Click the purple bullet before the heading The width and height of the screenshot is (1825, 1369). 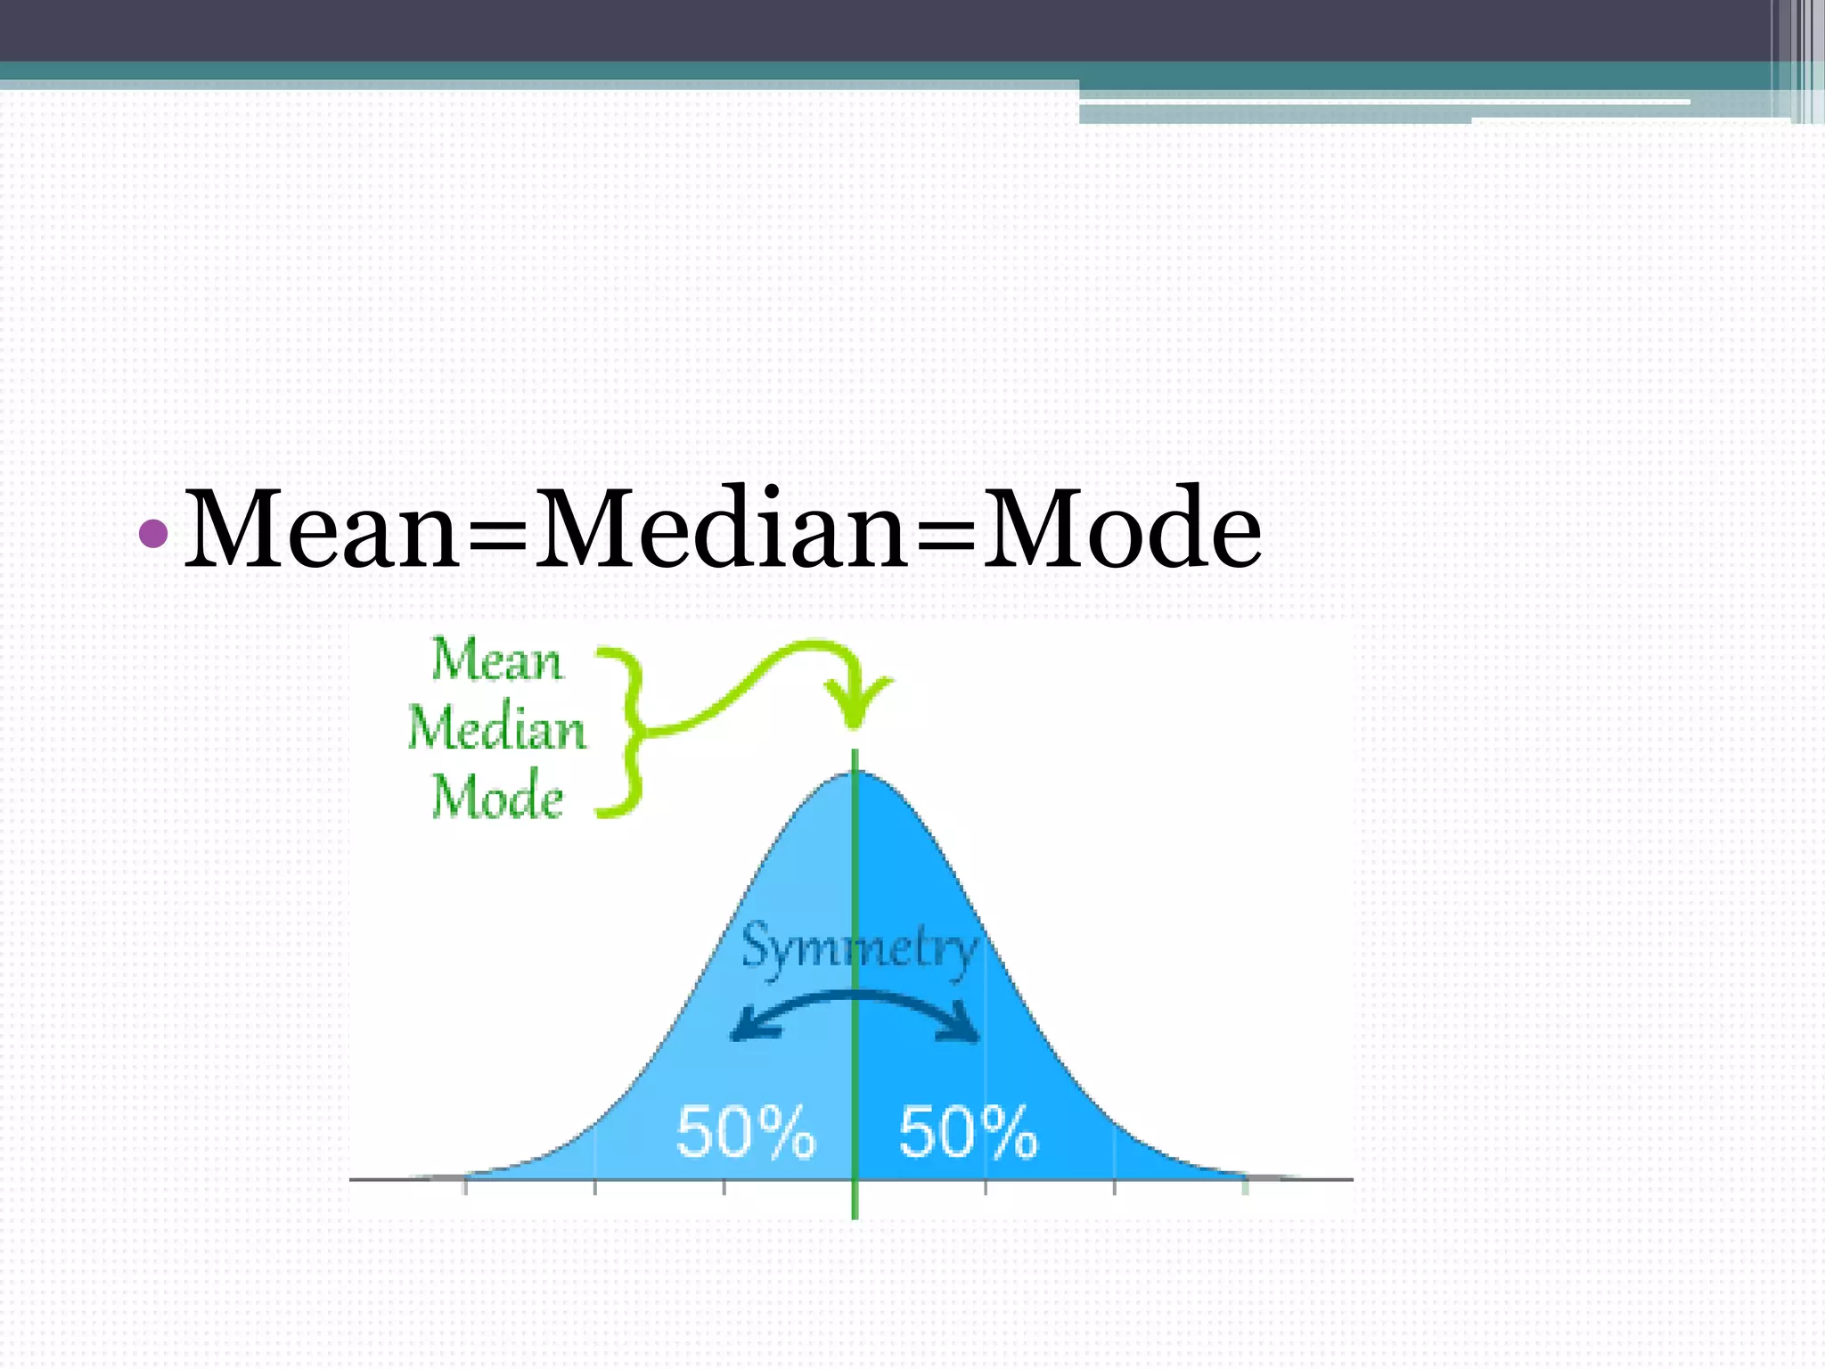(154, 533)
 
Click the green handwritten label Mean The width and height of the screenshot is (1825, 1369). (497, 661)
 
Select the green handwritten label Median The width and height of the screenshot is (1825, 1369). (497, 729)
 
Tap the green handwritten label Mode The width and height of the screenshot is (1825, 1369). (497, 797)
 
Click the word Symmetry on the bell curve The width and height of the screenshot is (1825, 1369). (859, 948)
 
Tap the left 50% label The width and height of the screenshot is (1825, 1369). (745, 1132)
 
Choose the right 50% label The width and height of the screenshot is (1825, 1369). (968, 1132)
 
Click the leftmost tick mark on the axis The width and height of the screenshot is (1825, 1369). (465, 1185)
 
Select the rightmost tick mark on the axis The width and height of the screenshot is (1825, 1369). (1245, 1185)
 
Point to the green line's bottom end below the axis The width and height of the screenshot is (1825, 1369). (855, 1214)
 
